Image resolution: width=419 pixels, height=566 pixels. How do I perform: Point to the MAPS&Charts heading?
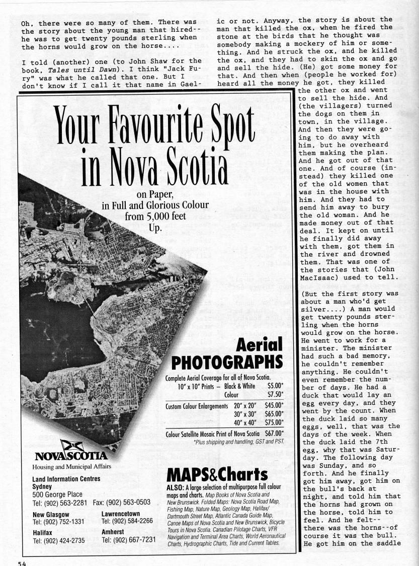pos(217,474)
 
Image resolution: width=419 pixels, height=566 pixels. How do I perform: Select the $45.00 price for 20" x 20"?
pos(274,405)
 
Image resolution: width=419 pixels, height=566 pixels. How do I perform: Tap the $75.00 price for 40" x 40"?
pos(274,422)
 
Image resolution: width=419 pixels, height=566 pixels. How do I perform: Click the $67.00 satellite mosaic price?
pos(274,434)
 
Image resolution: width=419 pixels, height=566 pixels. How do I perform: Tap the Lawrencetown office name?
pos(121,514)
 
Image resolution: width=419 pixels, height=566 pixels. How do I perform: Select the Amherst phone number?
pos(128,540)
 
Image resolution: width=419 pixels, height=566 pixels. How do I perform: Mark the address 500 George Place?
pos(57,494)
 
